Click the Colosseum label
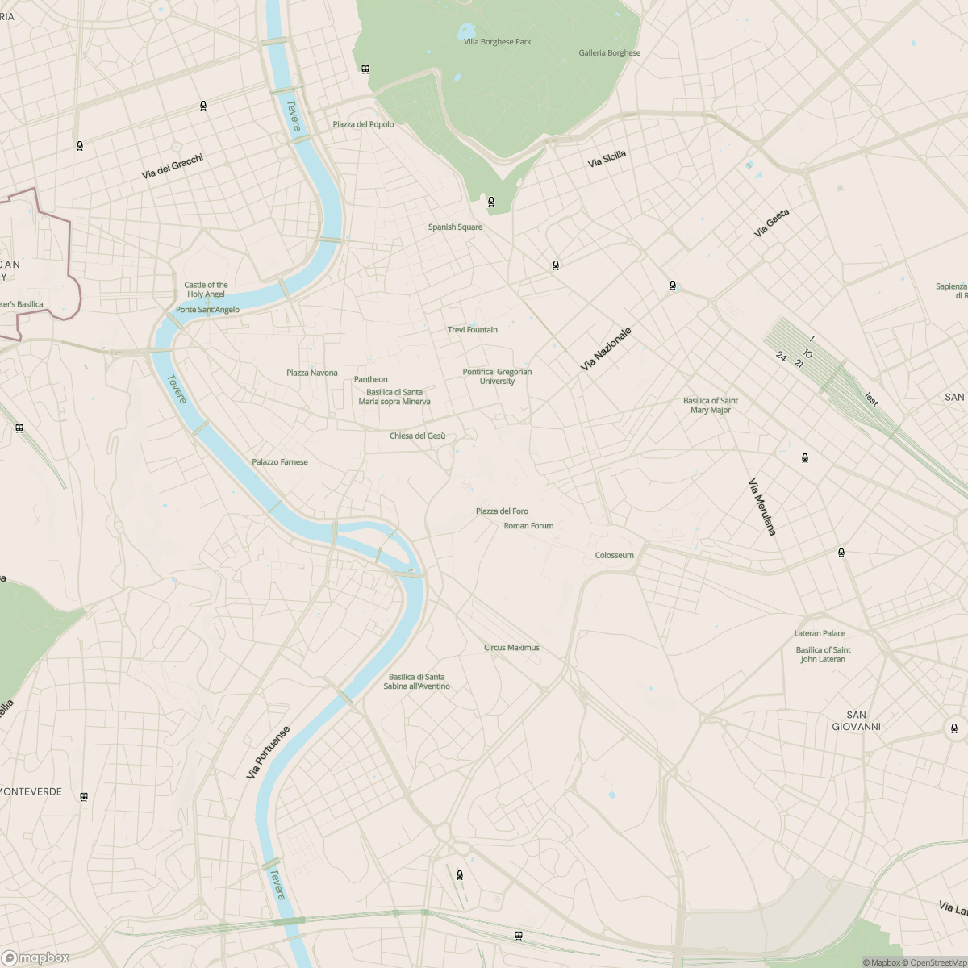click(614, 555)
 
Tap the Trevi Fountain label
click(472, 330)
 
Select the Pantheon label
click(370, 379)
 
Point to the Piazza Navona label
click(311, 373)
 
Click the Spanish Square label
click(455, 227)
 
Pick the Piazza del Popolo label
click(363, 124)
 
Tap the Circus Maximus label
click(511, 648)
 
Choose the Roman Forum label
click(528, 526)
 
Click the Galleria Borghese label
click(609, 53)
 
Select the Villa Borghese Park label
click(497, 42)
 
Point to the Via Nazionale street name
click(605, 349)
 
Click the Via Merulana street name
click(761, 507)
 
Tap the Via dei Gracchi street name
click(172, 166)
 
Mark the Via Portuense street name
click(267, 752)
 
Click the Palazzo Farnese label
click(279, 462)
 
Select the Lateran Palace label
click(820, 634)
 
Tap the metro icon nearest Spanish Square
click(490, 201)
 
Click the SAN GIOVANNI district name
click(856, 721)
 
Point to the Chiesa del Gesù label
click(417, 436)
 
